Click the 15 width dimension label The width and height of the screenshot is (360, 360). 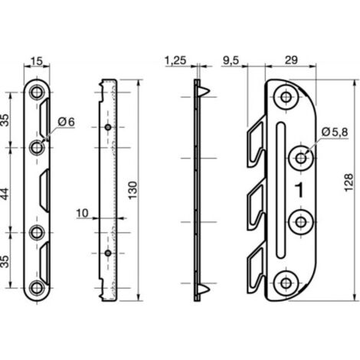click(37, 61)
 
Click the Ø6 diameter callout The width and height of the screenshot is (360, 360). click(67, 122)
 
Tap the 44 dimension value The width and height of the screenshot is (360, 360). click(5, 194)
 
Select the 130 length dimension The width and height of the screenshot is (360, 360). click(133, 191)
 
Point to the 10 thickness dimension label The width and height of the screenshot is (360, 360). click(82, 213)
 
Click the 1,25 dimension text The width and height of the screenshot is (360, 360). click(175, 61)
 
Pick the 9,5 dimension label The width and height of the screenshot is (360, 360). click(231, 61)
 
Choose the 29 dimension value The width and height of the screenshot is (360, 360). click(291, 61)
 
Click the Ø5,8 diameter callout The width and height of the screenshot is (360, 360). click(335, 132)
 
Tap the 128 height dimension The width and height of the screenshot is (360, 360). click(349, 182)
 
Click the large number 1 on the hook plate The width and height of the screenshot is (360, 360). click(299, 190)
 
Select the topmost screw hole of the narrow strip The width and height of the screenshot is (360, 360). click(37, 92)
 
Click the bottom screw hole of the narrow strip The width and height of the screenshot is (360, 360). click(37, 288)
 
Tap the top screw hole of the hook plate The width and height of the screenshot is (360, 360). click(286, 97)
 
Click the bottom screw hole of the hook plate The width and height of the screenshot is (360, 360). click(286, 283)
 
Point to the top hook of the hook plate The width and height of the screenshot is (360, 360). click(256, 141)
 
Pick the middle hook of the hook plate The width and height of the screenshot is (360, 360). click(256, 208)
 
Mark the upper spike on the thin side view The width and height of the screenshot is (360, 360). click(204, 91)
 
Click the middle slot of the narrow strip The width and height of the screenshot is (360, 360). click(44, 190)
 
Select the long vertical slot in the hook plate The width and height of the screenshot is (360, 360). click(280, 191)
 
